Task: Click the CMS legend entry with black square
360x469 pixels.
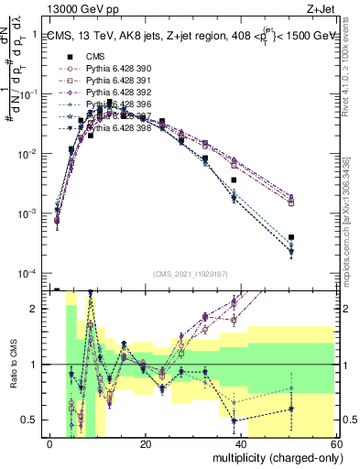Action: tap(97, 57)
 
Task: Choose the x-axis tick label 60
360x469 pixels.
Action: tap(336, 444)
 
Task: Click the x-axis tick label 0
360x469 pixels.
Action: tap(50, 444)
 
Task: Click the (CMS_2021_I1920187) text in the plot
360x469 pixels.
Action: tap(194, 273)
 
